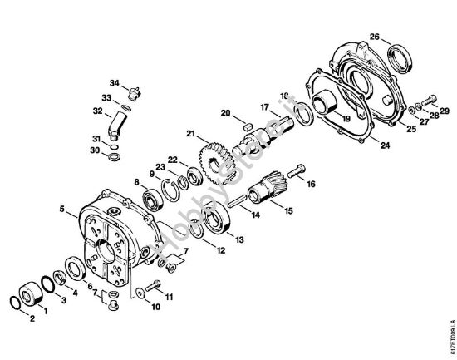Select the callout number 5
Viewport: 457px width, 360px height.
coord(63,210)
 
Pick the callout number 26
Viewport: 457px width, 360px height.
coord(375,37)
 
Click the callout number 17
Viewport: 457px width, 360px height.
coord(264,107)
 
